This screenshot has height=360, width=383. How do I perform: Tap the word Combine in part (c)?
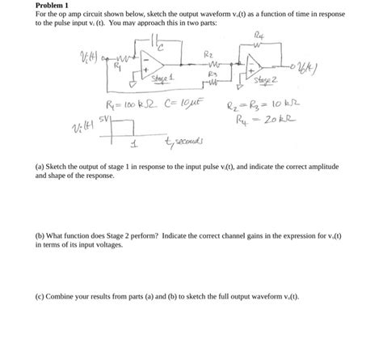tap(65, 296)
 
